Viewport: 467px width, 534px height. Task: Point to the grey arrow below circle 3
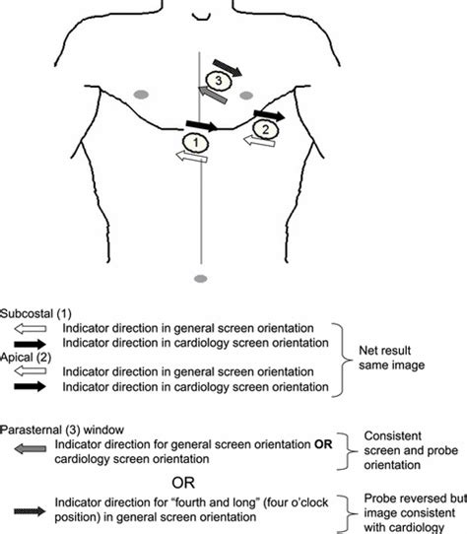[213, 95]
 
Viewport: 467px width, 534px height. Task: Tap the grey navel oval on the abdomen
[201, 280]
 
